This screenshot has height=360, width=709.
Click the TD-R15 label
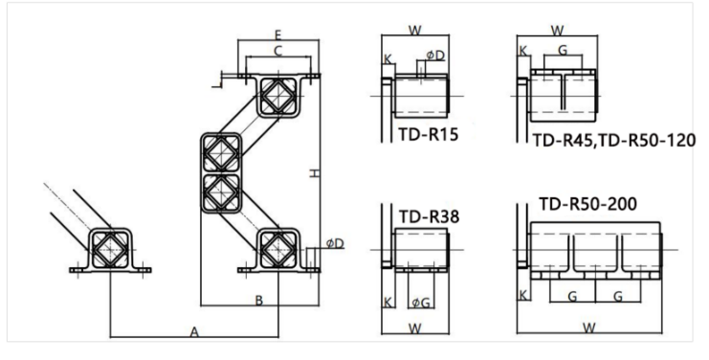coord(429,134)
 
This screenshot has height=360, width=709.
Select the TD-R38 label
coord(429,217)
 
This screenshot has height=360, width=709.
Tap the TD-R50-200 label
coord(587,204)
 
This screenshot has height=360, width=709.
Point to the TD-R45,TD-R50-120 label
coord(614,140)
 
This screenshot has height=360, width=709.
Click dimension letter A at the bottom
coord(194,332)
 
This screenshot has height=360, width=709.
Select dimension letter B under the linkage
coord(259,301)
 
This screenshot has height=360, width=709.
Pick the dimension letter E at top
coord(278,34)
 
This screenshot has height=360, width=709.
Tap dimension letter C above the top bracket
coord(278,51)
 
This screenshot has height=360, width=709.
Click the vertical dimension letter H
coord(315,173)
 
